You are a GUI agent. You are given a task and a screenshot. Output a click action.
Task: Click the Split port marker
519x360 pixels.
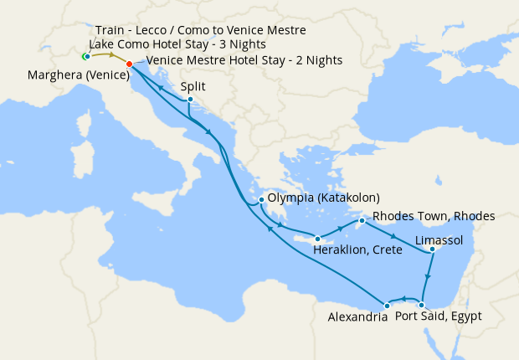coord(190,100)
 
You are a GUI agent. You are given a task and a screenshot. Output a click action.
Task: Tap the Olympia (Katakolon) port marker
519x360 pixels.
coord(262,199)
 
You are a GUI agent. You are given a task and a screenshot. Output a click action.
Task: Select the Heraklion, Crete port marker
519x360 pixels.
coord(316,237)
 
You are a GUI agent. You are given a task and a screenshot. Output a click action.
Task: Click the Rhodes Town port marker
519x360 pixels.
coord(362,221)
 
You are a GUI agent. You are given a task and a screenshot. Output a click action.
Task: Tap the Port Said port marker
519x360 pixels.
coord(421,305)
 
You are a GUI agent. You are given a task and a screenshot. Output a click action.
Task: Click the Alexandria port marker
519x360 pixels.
coord(387,306)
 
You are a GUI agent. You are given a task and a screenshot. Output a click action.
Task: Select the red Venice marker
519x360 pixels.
coord(128,64)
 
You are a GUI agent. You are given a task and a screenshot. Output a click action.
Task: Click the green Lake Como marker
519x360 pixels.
coord(86,56)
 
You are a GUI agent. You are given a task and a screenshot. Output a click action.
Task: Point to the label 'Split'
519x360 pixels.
coord(193,85)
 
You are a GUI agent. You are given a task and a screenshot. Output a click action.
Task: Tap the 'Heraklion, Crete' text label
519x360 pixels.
coord(355,249)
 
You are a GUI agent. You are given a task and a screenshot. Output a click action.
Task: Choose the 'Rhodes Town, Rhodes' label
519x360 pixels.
coord(434,215)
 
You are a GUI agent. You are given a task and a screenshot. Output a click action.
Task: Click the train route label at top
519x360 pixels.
coord(200,30)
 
